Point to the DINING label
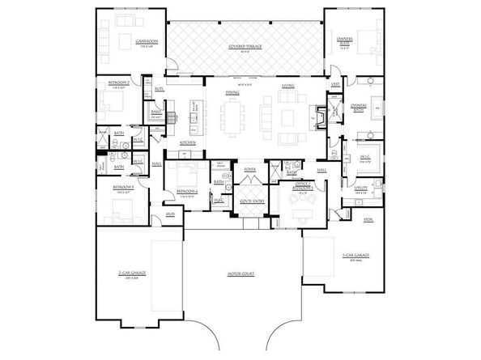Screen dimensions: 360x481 (232, 93)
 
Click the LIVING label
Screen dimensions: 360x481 (288, 86)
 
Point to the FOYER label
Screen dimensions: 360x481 (250, 169)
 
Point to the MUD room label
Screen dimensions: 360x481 (170, 214)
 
